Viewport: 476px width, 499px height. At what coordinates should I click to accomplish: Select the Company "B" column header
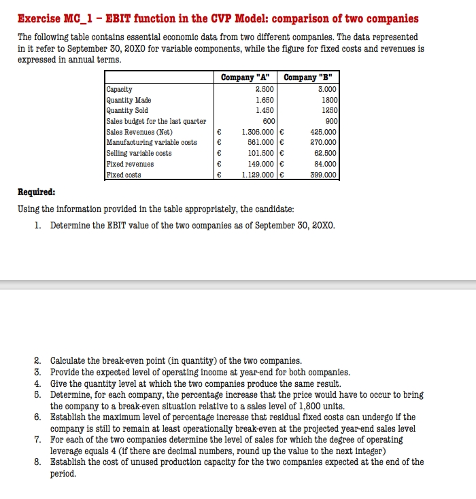[x=311, y=78]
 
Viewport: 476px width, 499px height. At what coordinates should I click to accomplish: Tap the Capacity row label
[x=120, y=89]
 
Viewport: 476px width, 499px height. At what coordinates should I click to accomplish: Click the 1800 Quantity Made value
[x=328, y=99]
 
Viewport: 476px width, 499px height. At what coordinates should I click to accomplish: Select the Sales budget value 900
[x=330, y=121]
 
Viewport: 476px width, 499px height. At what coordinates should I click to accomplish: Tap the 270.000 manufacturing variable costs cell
[x=324, y=142]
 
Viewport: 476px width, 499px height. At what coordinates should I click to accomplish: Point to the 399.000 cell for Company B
[x=324, y=175]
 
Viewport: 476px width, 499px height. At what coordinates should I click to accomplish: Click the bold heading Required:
[x=37, y=192]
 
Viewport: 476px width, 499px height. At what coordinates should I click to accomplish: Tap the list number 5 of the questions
[x=39, y=394]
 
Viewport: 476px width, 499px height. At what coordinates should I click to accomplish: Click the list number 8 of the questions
[x=39, y=462]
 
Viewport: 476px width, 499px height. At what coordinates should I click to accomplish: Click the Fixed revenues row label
[x=130, y=164]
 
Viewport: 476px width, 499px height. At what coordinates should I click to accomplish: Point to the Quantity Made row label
[x=129, y=99]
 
